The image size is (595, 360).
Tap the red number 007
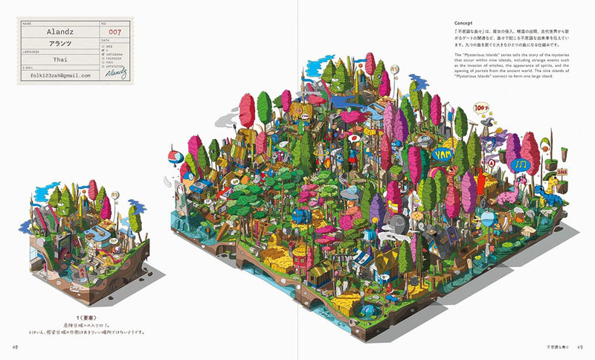point(114,33)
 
